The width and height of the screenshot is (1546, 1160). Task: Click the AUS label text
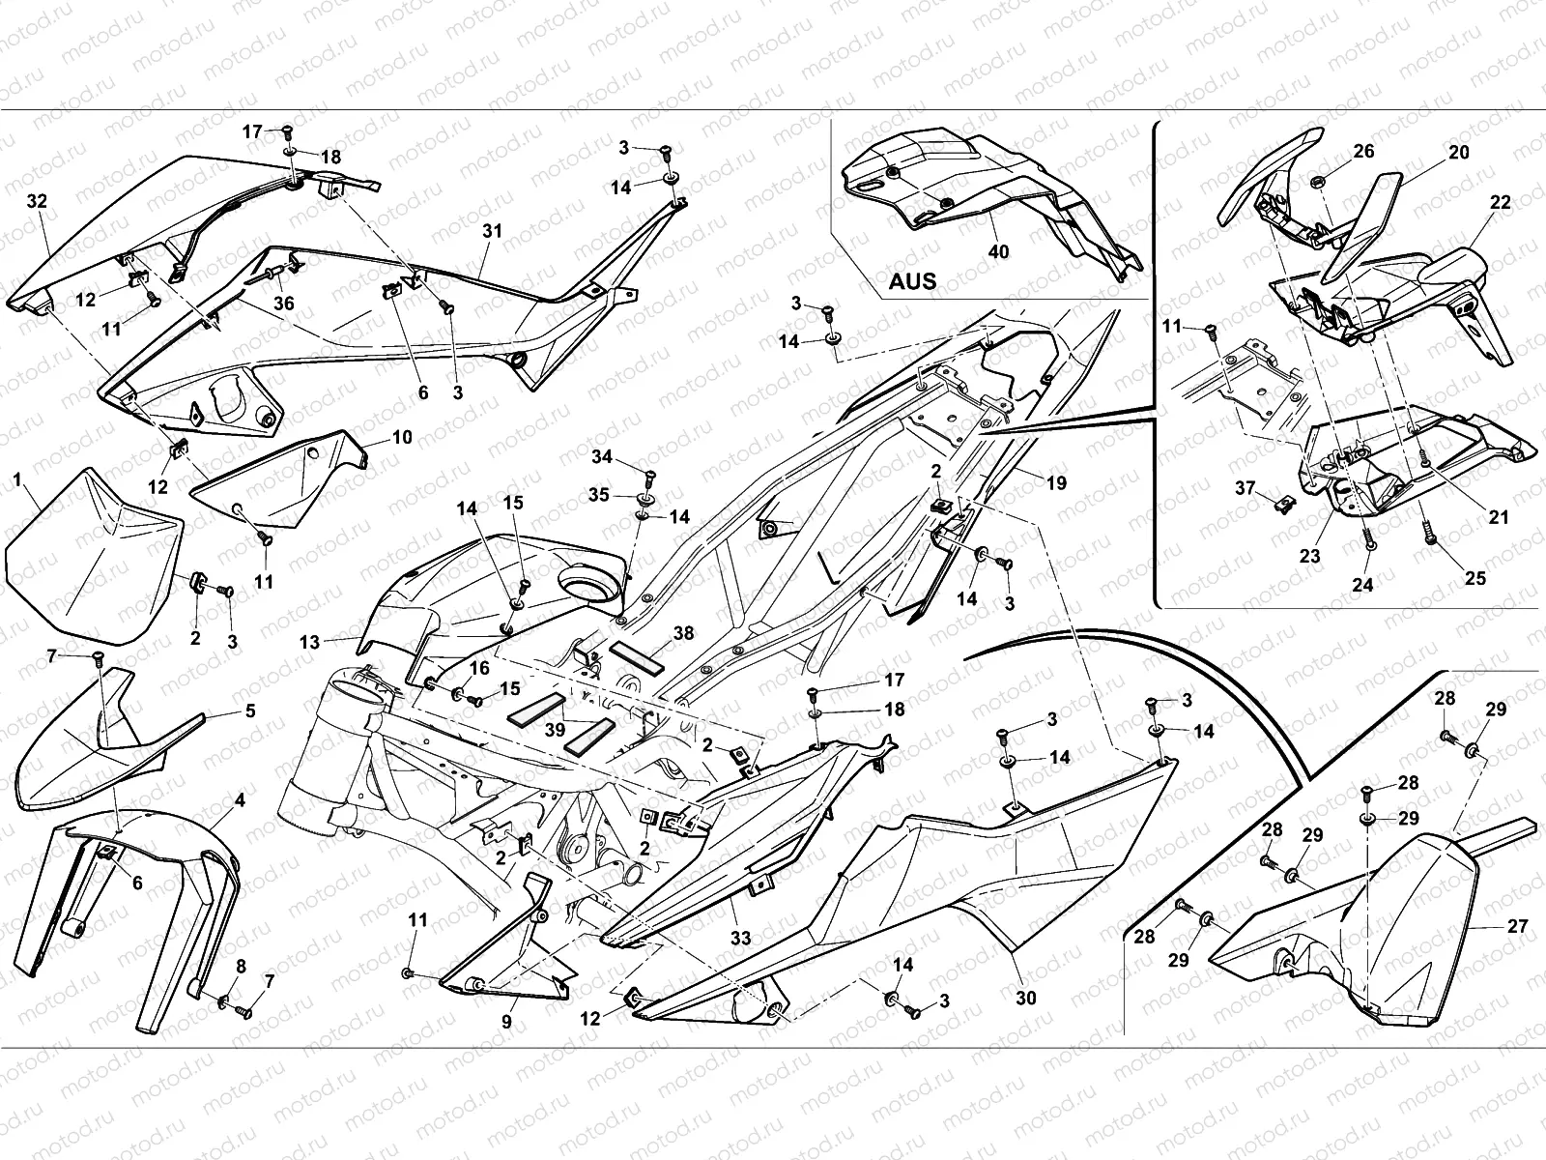tap(911, 281)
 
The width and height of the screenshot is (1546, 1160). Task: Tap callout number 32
tap(38, 201)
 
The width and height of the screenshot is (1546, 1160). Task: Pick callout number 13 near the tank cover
tap(309, 641)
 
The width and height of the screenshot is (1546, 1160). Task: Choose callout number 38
tap(683, 633)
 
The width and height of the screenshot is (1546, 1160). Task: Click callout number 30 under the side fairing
tap(1025, 997)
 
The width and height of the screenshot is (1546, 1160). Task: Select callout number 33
tap(740, 937)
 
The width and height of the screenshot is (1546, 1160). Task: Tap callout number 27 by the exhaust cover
tap(1517, 925)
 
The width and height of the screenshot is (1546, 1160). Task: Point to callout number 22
tap(1500, 203)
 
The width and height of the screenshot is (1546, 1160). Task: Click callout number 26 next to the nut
tap(1363, 152)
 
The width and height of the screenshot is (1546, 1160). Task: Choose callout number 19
tap(1056, 482)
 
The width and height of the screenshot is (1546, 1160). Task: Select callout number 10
tap(402, 437)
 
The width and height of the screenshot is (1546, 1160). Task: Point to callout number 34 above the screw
tap(602, 455)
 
